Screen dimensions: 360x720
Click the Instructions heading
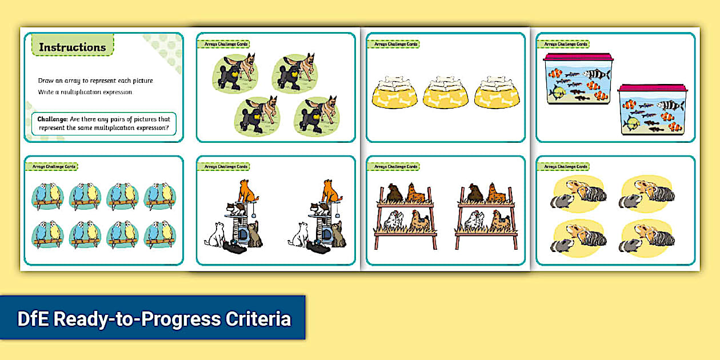73,47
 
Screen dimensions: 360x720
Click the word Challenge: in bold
53,119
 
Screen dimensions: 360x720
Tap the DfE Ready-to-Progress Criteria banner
153,318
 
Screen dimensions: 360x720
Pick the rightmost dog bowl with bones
497,93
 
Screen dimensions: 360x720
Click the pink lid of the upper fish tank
578,57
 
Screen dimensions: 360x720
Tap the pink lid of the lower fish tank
652,88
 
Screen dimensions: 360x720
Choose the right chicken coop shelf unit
485,217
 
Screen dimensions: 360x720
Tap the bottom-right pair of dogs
317,116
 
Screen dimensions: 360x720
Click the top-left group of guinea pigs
578,193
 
